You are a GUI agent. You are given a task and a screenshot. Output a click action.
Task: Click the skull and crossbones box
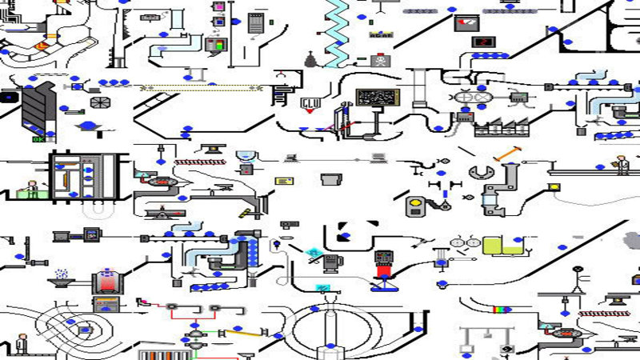point(378,60)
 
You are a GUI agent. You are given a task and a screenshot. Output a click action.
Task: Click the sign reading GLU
point(309,103)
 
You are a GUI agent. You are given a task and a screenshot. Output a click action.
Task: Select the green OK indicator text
point(38,139)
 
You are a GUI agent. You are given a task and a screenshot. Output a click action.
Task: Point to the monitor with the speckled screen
point(377,98)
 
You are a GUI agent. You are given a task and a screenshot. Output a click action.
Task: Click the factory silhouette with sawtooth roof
point(502,127)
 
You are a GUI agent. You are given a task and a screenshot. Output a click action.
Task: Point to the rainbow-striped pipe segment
point(501,308)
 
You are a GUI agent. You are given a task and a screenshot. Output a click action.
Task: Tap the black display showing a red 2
point(482,42)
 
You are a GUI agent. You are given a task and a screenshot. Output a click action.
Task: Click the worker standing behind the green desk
point(31,190)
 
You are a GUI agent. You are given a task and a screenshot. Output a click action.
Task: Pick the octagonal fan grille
point(100,102)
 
